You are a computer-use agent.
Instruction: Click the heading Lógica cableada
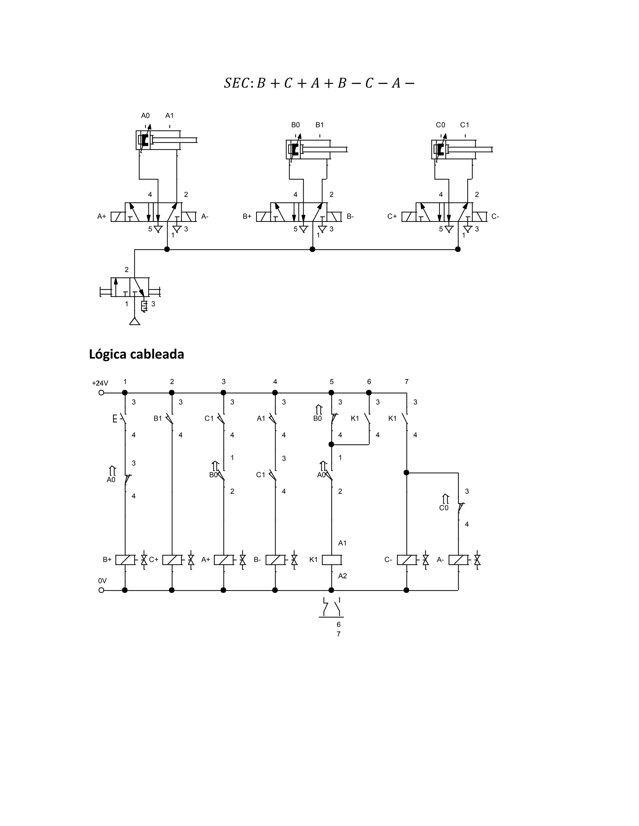(136, 354)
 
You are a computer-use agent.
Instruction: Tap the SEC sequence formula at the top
(319, 83)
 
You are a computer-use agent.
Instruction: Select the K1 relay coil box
(332, 560)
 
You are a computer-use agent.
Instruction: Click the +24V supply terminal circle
(101, 392)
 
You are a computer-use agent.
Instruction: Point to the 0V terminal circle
(101, 590)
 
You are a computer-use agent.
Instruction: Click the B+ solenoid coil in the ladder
(125, 560)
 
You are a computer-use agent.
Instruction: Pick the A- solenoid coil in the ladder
(458, 560)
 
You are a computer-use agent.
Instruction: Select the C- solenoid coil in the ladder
(407, 560)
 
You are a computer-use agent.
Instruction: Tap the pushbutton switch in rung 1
(122, 419)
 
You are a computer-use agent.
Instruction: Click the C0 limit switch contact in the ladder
(460, 507)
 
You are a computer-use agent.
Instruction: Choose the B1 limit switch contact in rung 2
(170, 419)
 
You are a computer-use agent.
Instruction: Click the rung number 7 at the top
(407, 382)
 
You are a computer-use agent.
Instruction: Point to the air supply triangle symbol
(135, 321)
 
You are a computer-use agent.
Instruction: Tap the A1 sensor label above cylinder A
(169, 116)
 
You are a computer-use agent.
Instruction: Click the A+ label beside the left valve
(101, 217)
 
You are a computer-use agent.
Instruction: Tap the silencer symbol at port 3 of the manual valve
(144, 306)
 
